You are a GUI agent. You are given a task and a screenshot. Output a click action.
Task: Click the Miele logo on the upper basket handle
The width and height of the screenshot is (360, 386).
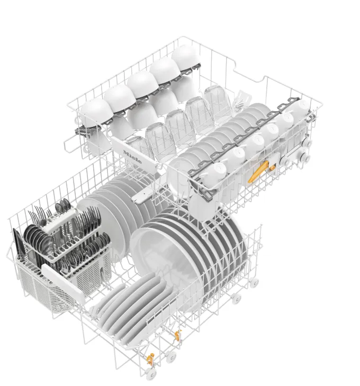[132, 157]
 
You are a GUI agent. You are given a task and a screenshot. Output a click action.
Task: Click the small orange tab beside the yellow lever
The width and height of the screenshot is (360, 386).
[272, 168]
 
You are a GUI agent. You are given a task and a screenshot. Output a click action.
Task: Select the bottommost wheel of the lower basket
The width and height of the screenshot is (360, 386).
[151, 374]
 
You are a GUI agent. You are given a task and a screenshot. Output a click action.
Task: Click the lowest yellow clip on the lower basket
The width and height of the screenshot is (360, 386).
[150, 359]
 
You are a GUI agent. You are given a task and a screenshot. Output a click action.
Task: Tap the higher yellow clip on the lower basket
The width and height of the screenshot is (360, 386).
[177, 335]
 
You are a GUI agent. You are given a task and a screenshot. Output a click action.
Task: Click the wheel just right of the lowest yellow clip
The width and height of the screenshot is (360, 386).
[171, 357]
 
